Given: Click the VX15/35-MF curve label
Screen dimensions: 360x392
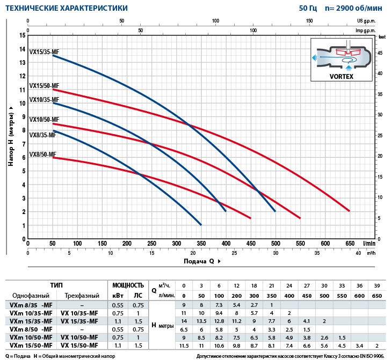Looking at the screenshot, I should [44, 52].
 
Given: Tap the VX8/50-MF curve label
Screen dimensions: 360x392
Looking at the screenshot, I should [42, 155].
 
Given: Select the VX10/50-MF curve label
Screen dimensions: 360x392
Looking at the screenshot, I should [44, 120].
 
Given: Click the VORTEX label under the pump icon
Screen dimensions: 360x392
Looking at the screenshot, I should [341, 77].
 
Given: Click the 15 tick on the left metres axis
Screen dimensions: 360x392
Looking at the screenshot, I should [23, 35].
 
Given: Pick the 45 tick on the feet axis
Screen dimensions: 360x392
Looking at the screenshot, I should [380, 53].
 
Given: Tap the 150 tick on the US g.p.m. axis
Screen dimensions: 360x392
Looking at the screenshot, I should [310, 21].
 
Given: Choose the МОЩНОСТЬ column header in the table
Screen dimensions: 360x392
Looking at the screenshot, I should [128, 285].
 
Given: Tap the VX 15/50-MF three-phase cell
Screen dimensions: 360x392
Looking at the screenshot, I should [82, 346].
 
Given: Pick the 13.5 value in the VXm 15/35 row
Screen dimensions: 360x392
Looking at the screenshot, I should [202, 321].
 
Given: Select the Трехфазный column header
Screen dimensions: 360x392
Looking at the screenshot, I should [82, 295].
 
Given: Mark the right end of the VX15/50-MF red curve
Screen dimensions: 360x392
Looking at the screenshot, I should [350, 211].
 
